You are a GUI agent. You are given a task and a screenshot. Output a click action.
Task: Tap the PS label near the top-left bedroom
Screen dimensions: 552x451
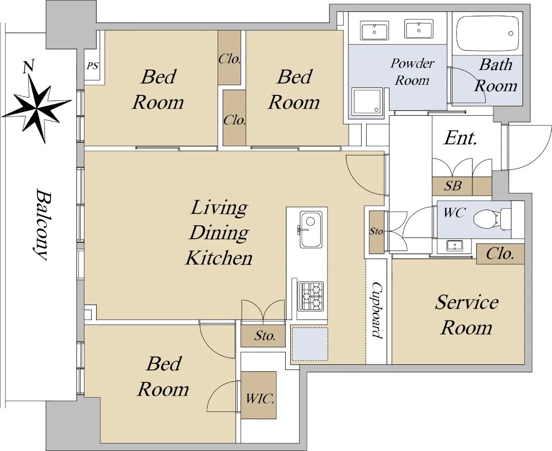click(x=92, y=65)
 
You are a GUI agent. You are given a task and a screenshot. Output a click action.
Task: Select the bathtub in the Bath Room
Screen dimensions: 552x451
click(x=487, y=34)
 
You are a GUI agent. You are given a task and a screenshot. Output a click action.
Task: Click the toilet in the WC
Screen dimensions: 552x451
click(x=492, y=220)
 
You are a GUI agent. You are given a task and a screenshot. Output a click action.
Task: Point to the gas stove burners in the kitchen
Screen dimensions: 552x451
click(x=310, y=296)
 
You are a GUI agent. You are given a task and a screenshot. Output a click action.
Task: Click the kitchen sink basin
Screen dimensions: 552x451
click(x=311, y=229)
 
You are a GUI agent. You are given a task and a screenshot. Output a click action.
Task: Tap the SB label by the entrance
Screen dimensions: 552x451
click(x=453, y=186)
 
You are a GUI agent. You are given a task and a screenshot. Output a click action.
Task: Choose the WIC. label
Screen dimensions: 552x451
click(x=260, y=399)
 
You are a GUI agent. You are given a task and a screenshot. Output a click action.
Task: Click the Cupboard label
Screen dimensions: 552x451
click(x=377, y=310)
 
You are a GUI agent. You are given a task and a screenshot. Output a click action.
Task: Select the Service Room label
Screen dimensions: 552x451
click(x=467, y=315)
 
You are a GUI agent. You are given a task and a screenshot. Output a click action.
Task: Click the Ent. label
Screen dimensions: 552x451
click(x=460, y=138)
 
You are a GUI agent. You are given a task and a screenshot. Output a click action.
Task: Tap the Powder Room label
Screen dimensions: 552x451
click(x=412, y=72)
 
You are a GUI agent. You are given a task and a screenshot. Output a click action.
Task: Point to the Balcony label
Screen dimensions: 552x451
click(x=42, y=224)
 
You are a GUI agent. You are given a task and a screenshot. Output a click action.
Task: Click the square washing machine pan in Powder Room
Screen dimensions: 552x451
click(x=367, y=101)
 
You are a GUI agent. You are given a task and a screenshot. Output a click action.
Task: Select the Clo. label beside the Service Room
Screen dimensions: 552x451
click(x=500, y=254)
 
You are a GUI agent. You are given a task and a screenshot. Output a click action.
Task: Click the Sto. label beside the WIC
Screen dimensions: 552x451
click(x=265, y=336)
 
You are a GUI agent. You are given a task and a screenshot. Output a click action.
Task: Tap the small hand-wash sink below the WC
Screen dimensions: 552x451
click(x=454, y=246)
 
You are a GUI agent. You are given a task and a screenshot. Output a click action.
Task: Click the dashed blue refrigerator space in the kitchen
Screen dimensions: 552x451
click(x=310, y=344)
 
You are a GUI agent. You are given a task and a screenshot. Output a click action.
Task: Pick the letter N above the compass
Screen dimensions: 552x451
click(x=29, y=66)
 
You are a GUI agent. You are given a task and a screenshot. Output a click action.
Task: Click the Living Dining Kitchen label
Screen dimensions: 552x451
click(x=219, y=233)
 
